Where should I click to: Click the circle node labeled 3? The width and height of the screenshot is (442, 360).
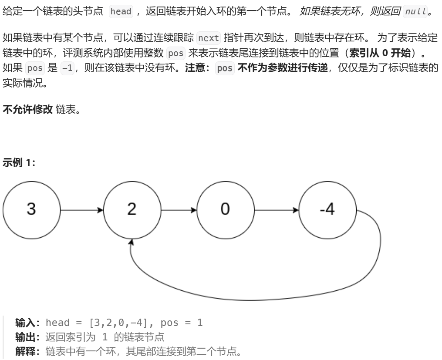click(x=31, y=209)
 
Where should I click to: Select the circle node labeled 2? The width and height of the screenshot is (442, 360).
click(x=131, y=209)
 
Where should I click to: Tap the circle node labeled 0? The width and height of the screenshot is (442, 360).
click(x=225, y=209)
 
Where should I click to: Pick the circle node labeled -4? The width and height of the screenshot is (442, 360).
click(x=327, y=209)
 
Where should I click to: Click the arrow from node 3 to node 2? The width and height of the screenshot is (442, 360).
click(x=81, y=210)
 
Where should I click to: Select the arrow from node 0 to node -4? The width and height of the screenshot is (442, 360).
click(x=276, y=210)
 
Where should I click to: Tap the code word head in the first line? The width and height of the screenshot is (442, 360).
click(x=121, y=12)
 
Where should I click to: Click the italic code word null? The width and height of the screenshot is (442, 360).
click(x=415, y=12)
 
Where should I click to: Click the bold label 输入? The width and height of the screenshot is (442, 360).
click(x=28, y=323)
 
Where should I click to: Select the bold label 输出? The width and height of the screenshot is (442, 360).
click(x=28, y=336)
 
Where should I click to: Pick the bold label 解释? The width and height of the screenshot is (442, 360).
click(x=28, y=350)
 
